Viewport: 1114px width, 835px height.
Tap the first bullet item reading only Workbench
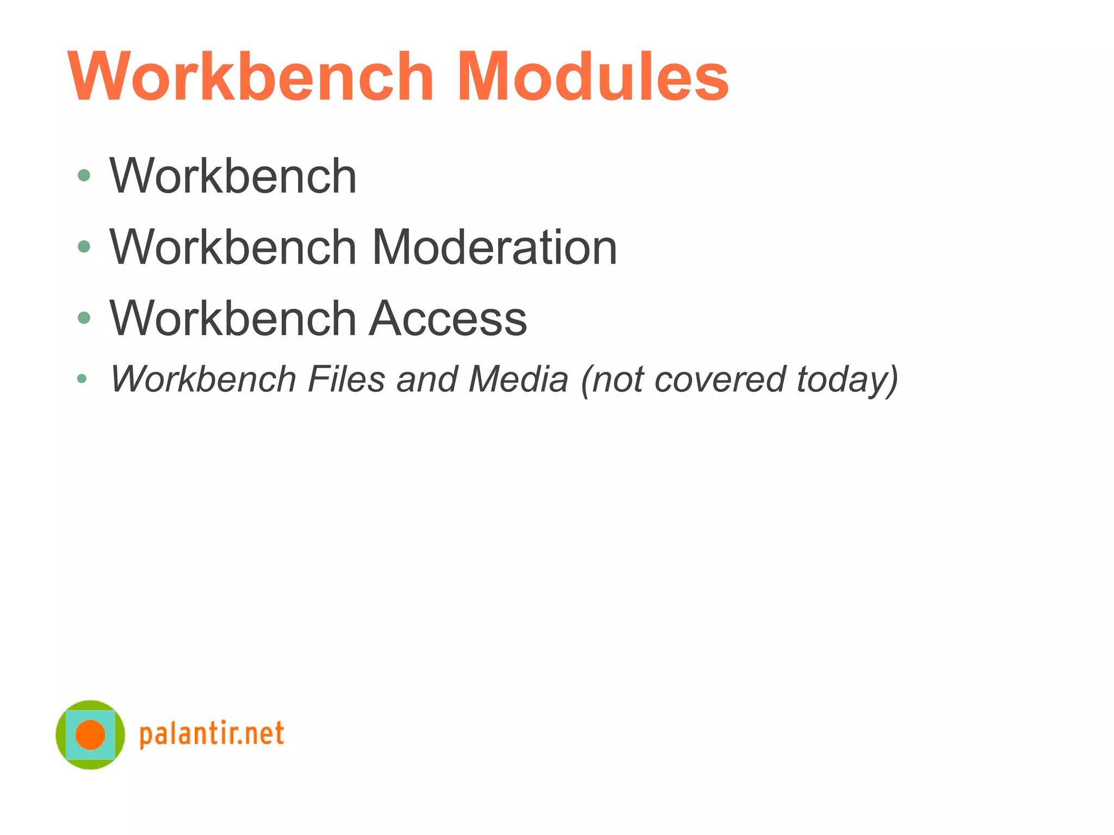[x=233, y=176]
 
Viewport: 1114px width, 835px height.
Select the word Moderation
[x=494, y=247]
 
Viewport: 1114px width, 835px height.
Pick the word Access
[x=448, y=319]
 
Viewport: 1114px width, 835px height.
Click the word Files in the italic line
[x=346, y=379]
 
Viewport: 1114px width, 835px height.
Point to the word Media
[x=518, y=379]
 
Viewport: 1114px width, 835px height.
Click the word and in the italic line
[x=427, y=379]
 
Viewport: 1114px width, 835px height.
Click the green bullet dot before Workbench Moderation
[x=84, y=247]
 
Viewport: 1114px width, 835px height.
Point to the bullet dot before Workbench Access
[x=84, y=317]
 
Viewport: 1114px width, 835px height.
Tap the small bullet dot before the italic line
[x=82, y=378]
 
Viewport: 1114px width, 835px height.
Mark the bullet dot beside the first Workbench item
[x=84, y=175]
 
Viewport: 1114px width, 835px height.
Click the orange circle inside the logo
[x=90, y=734]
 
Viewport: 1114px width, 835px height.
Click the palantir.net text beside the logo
[x=212, y=734]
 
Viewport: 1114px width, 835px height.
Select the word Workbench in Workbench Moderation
[x=233, y=247]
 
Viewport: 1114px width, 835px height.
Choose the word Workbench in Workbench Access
[x=233, y=319]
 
